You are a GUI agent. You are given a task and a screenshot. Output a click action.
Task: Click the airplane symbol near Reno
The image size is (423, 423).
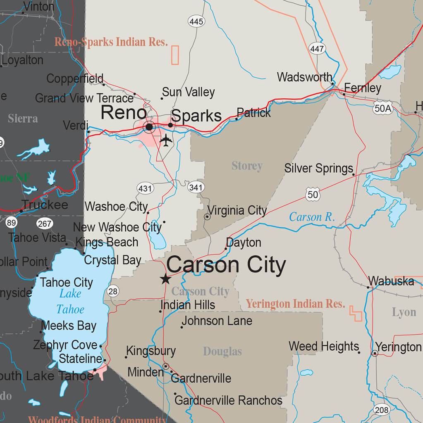click(165, 140)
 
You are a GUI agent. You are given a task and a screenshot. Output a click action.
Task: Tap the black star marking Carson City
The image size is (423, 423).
click(165, 279)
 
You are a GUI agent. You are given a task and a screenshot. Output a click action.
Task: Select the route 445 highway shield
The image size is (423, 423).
click(196, 21)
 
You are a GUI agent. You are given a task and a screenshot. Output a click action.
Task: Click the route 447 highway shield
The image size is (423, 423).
click(317, 49)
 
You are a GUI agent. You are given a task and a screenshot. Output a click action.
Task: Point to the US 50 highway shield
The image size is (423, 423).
click(313, 194)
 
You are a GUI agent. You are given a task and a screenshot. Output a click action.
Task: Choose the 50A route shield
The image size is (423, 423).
click(382, 109)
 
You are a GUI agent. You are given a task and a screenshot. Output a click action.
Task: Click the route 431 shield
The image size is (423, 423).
click(145, 189)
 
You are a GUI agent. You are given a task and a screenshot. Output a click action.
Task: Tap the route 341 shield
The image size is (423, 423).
click(196, 188)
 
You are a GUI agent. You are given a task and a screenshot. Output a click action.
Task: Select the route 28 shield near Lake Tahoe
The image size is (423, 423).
click(113, 291)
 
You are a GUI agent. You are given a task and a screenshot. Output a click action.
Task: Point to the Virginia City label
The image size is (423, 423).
click(237, 211)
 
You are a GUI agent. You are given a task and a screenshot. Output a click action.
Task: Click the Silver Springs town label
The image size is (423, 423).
click(318, 169)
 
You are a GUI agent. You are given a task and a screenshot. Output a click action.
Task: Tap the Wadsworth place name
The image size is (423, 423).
click(304, 77)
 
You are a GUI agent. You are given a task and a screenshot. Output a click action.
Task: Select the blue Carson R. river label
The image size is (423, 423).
click(312, 217)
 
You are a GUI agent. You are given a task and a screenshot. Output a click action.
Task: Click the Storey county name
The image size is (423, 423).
click(247, 166)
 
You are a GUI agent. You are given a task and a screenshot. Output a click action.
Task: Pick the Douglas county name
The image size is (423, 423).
click(222, 352)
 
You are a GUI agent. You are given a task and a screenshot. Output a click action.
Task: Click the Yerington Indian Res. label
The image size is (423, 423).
click(295, 304)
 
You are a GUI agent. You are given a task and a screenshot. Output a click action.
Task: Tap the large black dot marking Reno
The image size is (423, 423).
click(149, 126)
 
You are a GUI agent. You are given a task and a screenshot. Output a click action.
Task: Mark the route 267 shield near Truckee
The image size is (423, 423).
click(45, 224)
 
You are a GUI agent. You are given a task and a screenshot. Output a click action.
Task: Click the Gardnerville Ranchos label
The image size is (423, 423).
click(229, 400)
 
